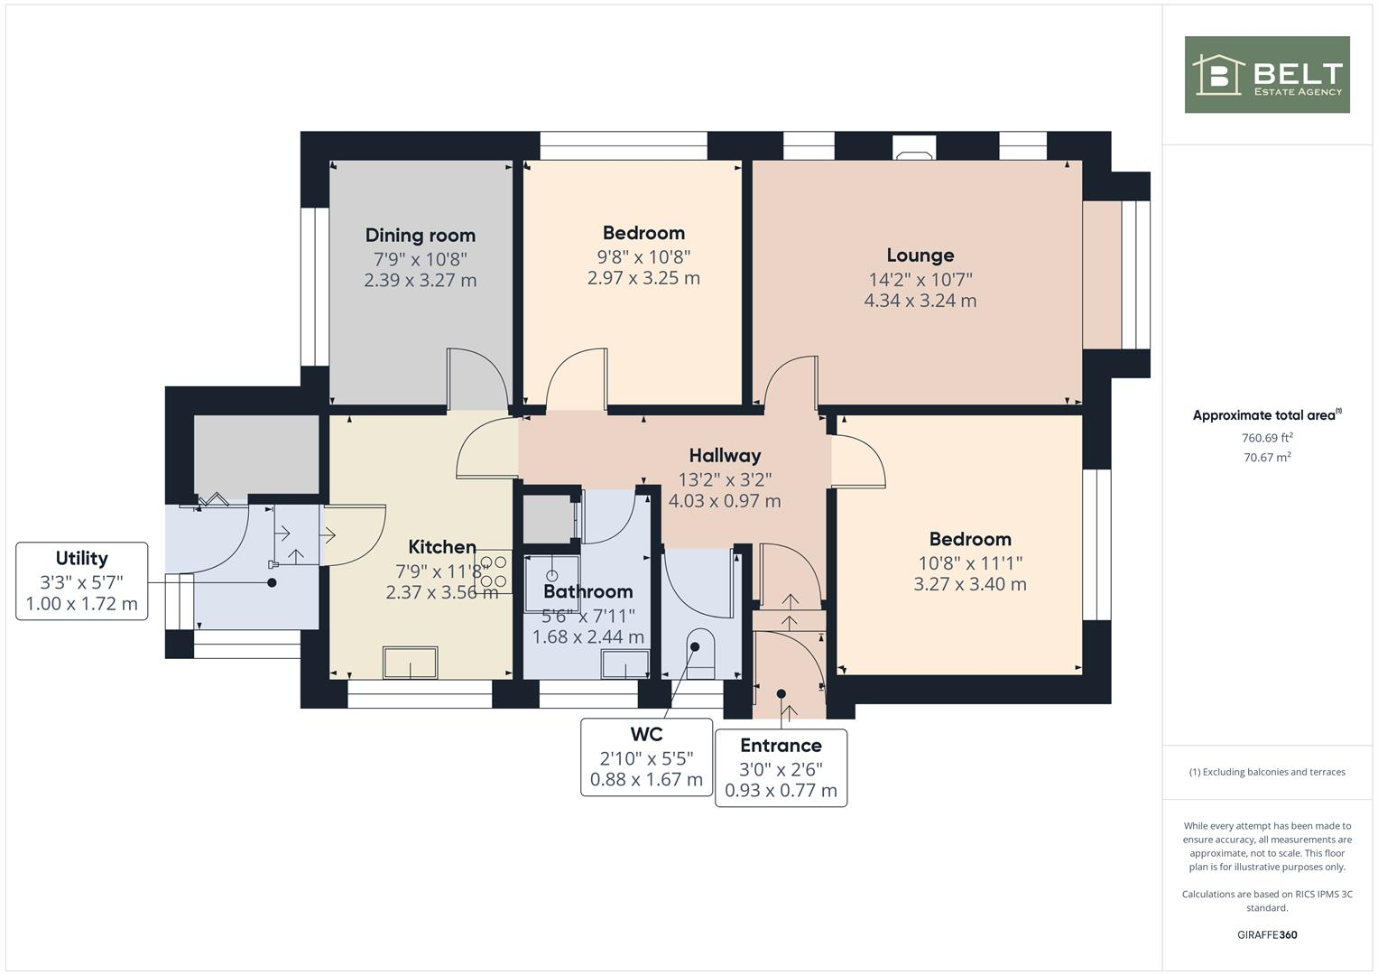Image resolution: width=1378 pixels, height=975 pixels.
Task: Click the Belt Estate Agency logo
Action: tap(1266, 75)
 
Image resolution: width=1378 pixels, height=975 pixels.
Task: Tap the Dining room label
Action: tap(420, 236)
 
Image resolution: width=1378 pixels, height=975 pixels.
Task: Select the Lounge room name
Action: tap(920, 255)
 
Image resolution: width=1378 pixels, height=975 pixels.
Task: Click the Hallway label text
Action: tap(725, 456)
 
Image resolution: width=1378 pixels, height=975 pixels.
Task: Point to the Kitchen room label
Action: tap(442, 547)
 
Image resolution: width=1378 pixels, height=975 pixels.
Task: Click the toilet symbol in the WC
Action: tap(699, 655)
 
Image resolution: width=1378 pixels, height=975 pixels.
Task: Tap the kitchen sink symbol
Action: tap(411, 663)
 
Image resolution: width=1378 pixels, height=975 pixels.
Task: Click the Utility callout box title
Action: tap(81, 558)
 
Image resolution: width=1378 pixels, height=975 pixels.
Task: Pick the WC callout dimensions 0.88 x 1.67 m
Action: tap(646, 780)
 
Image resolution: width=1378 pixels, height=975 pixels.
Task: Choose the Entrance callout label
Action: tap(781, 746)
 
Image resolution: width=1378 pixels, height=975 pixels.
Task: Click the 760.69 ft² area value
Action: tap(1267, 438)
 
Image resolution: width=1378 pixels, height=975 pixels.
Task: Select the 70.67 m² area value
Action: tap(1267, 458)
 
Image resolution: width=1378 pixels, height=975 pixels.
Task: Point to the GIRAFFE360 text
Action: tap(1267, 934)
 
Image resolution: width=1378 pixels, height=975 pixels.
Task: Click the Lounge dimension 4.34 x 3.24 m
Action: tap(920, 301)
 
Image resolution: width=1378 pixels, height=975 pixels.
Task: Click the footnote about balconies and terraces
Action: tap(1267, 772)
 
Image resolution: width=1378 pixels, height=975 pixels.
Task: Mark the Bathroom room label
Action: tap(587, 592)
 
